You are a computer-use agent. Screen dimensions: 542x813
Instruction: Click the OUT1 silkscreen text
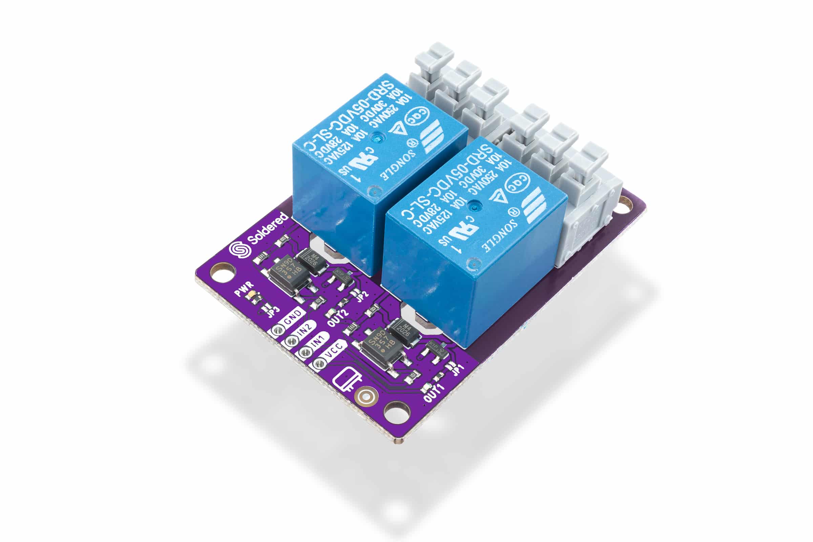[434, 393]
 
